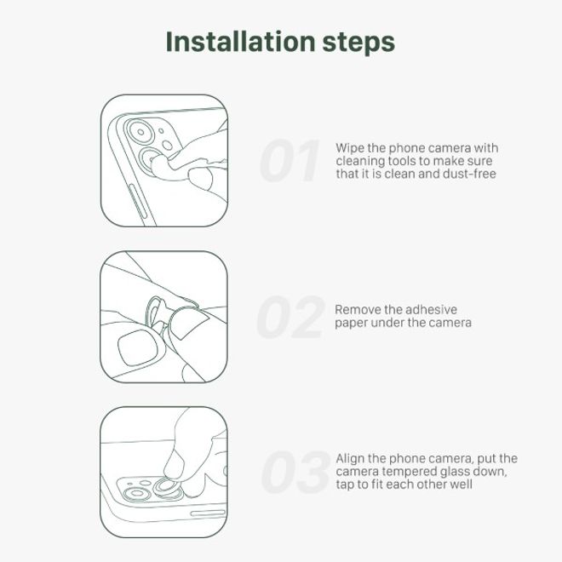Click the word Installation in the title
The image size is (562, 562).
pos(240,42)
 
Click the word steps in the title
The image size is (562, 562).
pos(358,43)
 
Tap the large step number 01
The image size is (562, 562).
pos(290,161)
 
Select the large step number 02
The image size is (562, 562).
pos(290,317)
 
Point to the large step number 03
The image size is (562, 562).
pos(295,472)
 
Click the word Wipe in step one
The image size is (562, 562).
pos(350,148)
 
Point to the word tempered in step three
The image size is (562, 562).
pos(410,472)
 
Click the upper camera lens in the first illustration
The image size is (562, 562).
pos(140,132)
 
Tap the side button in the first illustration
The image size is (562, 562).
pos(138,202)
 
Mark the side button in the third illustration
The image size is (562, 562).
pos(208,513)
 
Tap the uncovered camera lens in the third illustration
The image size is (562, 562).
pos(137,494)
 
